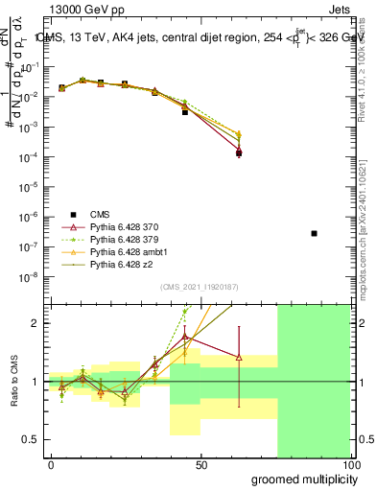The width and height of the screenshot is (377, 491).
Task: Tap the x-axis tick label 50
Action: tap(200, 464)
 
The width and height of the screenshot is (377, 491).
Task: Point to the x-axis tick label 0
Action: tap(51, 464)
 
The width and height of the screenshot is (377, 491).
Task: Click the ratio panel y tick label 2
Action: tap(35, 323)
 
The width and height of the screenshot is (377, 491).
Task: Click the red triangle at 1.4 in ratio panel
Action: tap(239, 359)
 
